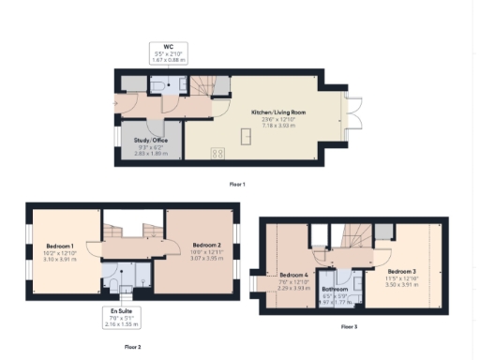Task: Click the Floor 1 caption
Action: [x=237, y=185]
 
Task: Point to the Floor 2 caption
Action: [x=132, y=346]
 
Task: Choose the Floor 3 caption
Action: [x=349, y=326]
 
